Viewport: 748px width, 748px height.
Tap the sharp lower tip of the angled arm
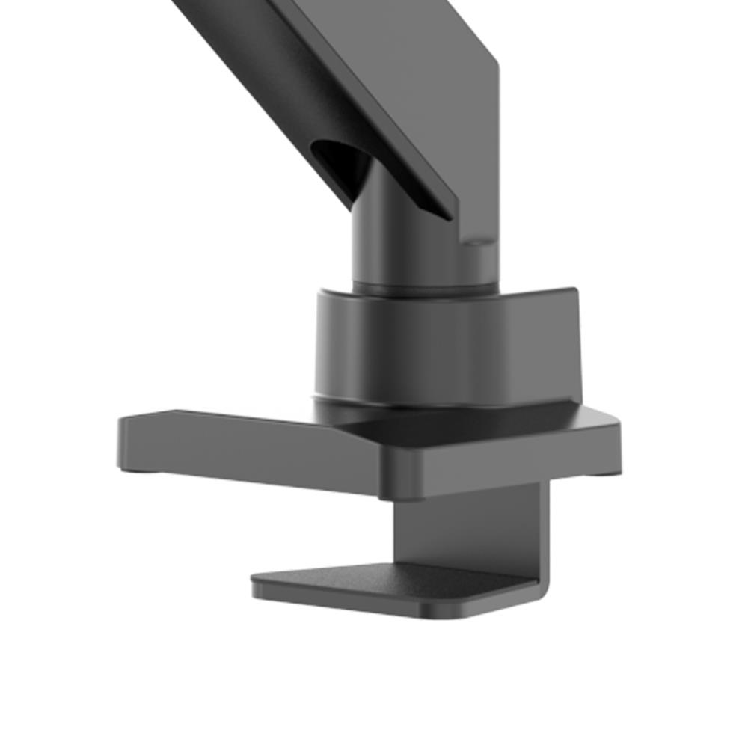(451, 216)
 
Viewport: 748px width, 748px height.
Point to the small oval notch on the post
(476, 242)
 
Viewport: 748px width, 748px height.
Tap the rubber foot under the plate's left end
(138, 470)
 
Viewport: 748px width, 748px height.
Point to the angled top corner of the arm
(495, 60)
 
